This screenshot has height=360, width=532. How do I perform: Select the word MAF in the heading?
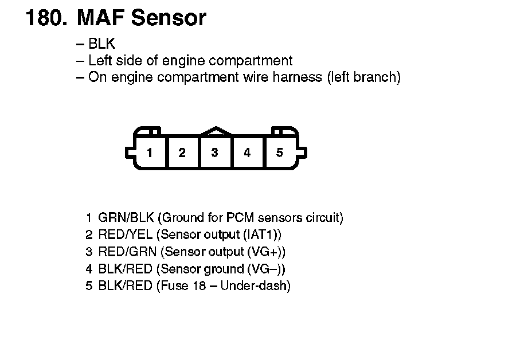[x=100, y=18]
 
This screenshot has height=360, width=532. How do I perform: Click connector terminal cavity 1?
[x=150, y=152]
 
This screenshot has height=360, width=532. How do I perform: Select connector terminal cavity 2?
[x=182, y=152]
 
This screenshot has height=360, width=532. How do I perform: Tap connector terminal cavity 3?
[x=214, y=152]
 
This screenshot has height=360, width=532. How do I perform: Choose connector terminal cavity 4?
[x=247, y=152]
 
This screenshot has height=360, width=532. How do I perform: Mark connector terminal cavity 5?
[x=280, y=152]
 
